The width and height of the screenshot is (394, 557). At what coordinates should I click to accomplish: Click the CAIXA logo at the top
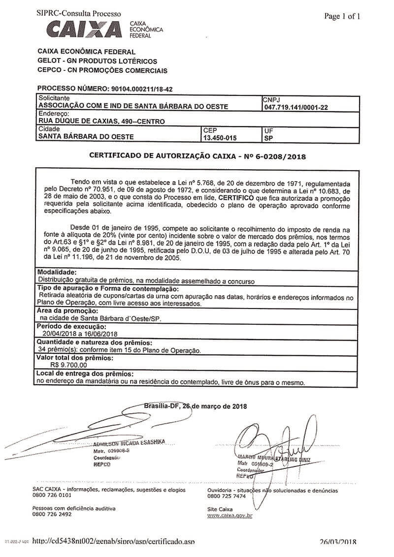tap(84, 29)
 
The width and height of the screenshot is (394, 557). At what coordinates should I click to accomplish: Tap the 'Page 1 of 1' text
tap(342, 16)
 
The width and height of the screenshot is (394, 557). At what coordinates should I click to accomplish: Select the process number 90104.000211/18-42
tap(139, 89)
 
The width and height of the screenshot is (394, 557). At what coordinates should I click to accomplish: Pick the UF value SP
tap(268, 138)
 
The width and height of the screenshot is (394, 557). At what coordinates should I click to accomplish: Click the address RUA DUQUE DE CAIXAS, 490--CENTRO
tap(101, 121)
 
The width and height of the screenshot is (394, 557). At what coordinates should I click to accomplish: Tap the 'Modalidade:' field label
tap(57, 272)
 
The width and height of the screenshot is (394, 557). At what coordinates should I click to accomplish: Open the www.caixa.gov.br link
tap(230, 515)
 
